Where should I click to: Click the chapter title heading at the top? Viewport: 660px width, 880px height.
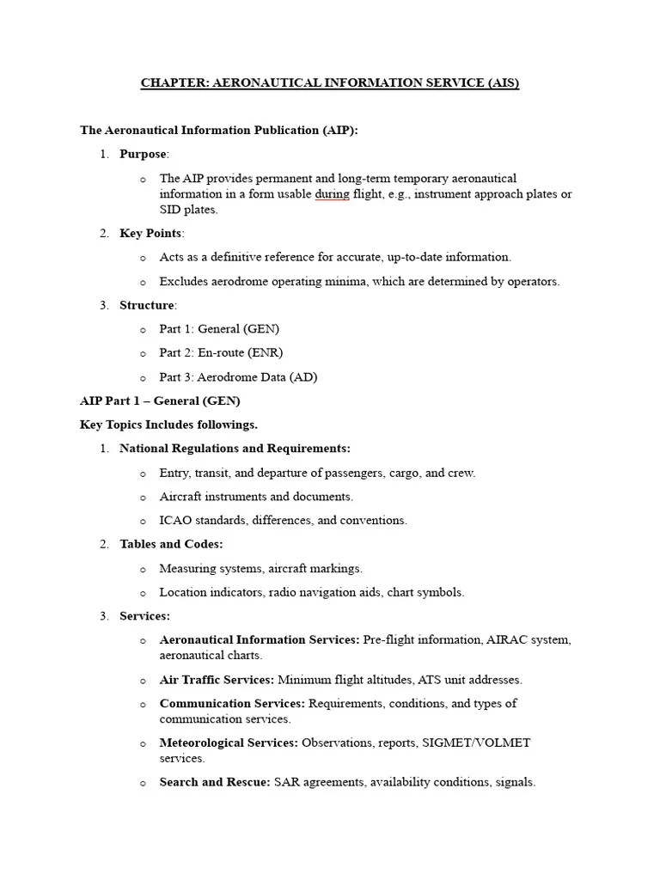pyautogui.click(x=330, y=83)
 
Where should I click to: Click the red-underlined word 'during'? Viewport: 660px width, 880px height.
pyautogui.click(x=332, y=194)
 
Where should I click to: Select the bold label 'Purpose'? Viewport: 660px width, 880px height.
pyautogui.click(x=144, y=154)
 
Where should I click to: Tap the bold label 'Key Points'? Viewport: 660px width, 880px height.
pyautogui.click(x=151, y=233)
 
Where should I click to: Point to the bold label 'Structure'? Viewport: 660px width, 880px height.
pyautogui.click(x=147, y=305)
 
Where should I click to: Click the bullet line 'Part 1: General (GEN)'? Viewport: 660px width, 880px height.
pyautogui.click(x=219, y=329)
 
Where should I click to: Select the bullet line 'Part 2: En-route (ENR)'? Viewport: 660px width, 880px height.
pyautogui.click(x=221, y=352)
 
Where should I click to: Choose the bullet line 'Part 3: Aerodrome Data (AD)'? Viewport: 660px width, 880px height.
pyautogui.click(x=238, y=376)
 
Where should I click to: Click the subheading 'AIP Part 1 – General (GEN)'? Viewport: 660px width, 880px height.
pyautogui.click(x=160, y=400)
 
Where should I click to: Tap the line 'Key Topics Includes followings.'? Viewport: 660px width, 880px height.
pyautogui.click(x=168, y=425)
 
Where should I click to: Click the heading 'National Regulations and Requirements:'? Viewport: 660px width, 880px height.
pyautogui.click(x=235, y=449)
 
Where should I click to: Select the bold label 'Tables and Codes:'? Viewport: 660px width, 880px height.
pyautogui.click(x=171, y=544)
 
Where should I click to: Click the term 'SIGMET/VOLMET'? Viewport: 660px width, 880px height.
pyautogui.click(x=476, y=742)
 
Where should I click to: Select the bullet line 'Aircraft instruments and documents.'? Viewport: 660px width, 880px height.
pyautogui.click(x=256, y=497)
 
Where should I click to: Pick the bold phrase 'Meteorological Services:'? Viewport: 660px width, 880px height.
pyautogui.click(x=229, y=742)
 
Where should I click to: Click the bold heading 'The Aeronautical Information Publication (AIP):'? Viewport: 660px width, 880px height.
pyautogui.click(x=219, y=131)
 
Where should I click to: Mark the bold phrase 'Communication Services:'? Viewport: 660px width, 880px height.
pyautogui.click(x=232, y=704)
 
